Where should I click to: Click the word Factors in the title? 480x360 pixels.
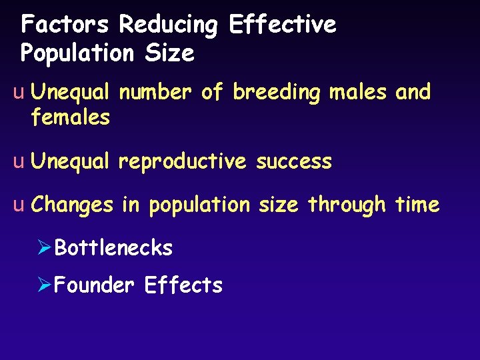tap(64, 25)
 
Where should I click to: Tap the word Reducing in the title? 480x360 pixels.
tap(168, 25)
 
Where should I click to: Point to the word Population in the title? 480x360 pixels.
tap(77, 53)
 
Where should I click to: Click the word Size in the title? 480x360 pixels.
tap(171, 53)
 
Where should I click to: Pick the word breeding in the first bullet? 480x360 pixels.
tap(277, 92)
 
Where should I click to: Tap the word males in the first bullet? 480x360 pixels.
tap(357, 92)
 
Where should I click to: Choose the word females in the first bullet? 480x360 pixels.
tap(70, 118)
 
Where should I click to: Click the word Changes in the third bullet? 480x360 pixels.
tap(73, 205)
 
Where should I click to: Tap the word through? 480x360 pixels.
tap(347, 205)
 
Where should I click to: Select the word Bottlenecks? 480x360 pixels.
tap(113, 248)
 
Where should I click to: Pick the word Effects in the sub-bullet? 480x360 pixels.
tap(183, 285)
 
